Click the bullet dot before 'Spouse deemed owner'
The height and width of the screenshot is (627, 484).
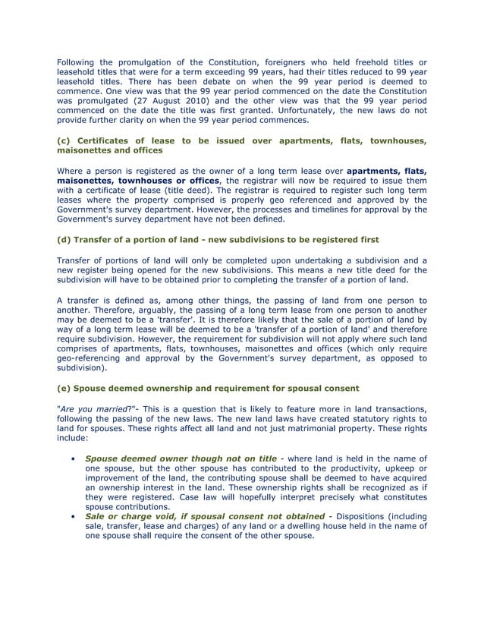71,458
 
